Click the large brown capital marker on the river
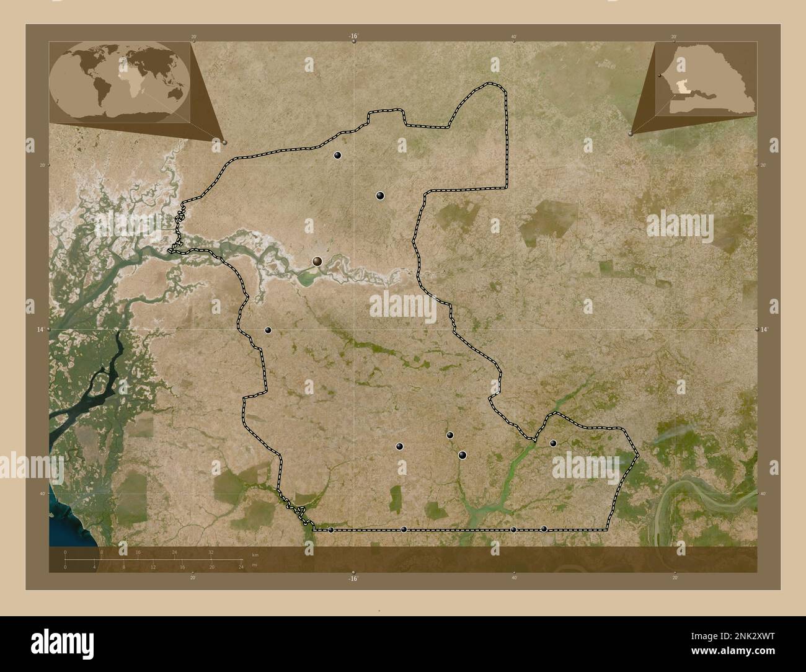[317, 262]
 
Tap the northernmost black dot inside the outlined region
[338, 155]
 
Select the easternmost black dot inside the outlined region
[553, 443]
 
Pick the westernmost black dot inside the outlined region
[268, 330]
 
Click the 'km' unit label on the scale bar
[255, 554]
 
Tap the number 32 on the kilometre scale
[211, 552]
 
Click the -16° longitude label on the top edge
[353, 37]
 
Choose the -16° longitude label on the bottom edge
[353, 578]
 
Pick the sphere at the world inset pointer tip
[224, 142]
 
